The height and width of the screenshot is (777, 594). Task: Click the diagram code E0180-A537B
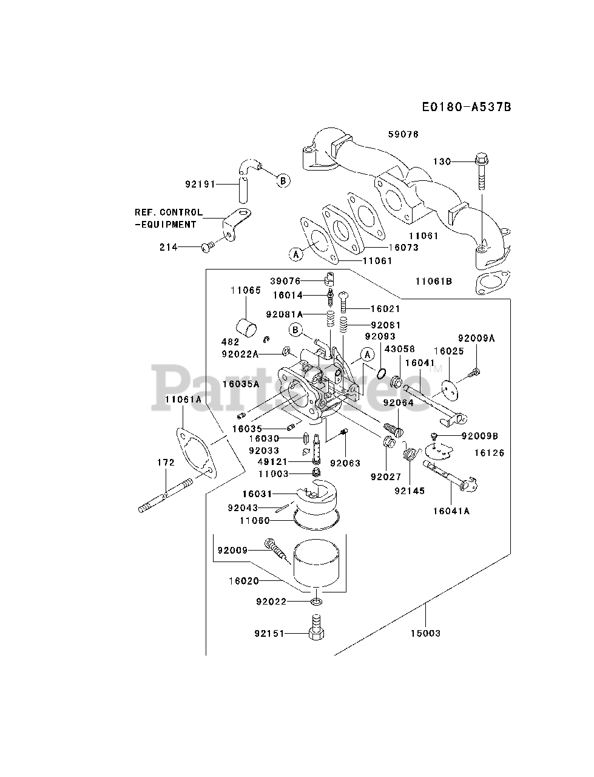[x=467, y=107]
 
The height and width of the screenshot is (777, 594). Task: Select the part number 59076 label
[x=403, y=135]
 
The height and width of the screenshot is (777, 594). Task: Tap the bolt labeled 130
[x=482, y=172]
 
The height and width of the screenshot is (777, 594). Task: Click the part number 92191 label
[x=200, y=184]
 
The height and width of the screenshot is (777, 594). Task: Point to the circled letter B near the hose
[x=283, y=181]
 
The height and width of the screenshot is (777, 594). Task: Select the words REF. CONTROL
[x=169, y=212]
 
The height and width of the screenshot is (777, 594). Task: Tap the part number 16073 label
[x=403, y=248]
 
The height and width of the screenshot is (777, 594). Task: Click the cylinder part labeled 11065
[x=246, y=328]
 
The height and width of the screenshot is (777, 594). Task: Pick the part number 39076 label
[x=285, y=281]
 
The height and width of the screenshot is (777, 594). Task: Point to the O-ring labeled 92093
[x=382, y=373]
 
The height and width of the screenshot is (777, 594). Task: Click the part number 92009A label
[x=476, y=338]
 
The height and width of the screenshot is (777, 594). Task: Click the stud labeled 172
[x=165, y=495]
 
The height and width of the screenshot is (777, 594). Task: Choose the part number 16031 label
[x=257, y=494]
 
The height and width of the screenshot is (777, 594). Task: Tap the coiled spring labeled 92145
[x=411, y=453]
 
